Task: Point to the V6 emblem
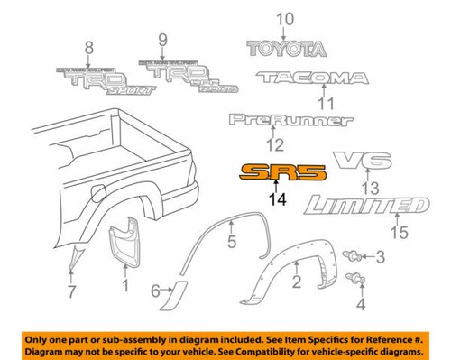coord(362,162)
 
